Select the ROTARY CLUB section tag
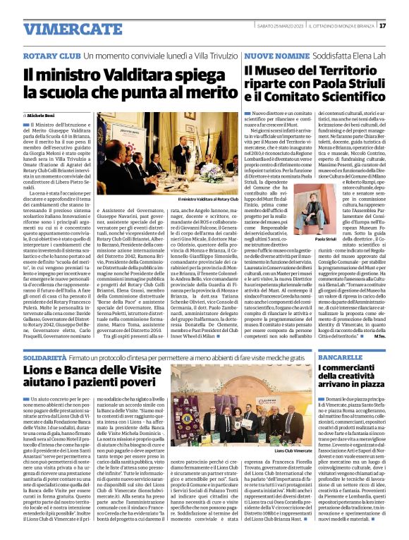coord(51,55)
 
